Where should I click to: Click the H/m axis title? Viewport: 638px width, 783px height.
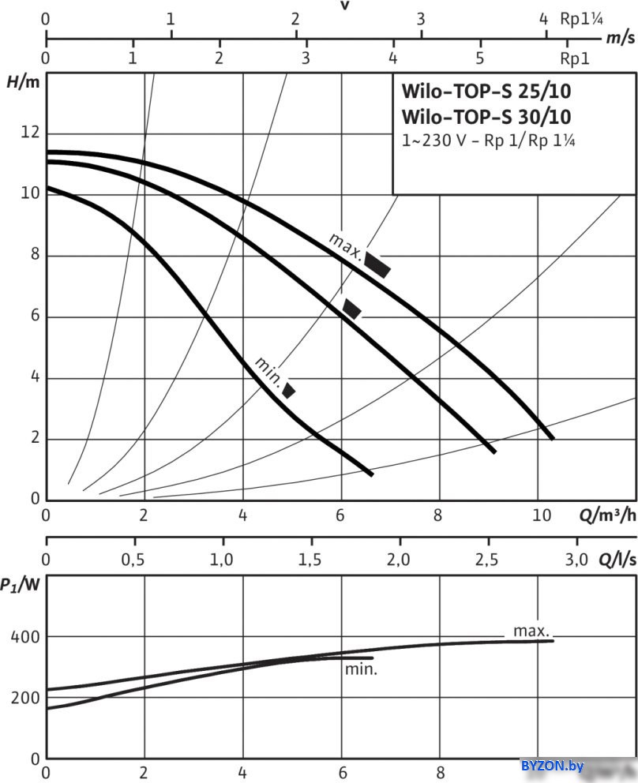pyautogui.click(x=23, y=82)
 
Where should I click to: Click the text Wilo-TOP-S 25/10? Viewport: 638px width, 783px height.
pyautogui.click(x=486, y=91)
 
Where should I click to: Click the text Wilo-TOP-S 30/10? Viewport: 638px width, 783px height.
pyautogui.click(x=486, y=118)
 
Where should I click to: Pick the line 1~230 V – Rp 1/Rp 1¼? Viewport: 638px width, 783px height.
pyautogui.click(x=486, y=141)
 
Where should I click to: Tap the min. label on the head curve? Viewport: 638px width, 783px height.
pyautogui.click(x=268, y=369)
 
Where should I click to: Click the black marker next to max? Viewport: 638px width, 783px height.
pyautogui.click(x=377, y=265)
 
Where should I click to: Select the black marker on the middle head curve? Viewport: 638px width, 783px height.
pyautogui.click(x=351, y=309)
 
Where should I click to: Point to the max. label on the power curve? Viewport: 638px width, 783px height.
pyautogui.click(x=531, y=631)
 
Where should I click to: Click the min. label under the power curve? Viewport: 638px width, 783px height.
pyautogui.click(x=361, y=669)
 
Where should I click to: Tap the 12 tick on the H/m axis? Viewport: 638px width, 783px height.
pyautogui.click(x=29, y=133)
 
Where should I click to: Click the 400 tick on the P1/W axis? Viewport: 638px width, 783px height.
pyautogui.click(x=25, y=637)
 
